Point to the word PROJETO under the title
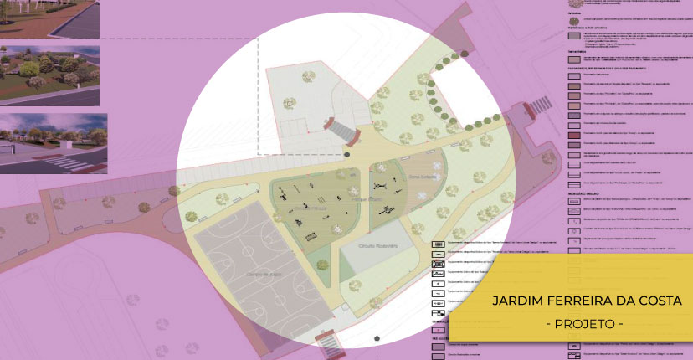[584, 323]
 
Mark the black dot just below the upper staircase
[346, 156]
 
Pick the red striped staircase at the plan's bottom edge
[329, 343]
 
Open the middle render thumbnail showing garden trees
[49, 74]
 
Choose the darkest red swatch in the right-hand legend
[576, 135]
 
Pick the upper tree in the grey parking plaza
[290, 103]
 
